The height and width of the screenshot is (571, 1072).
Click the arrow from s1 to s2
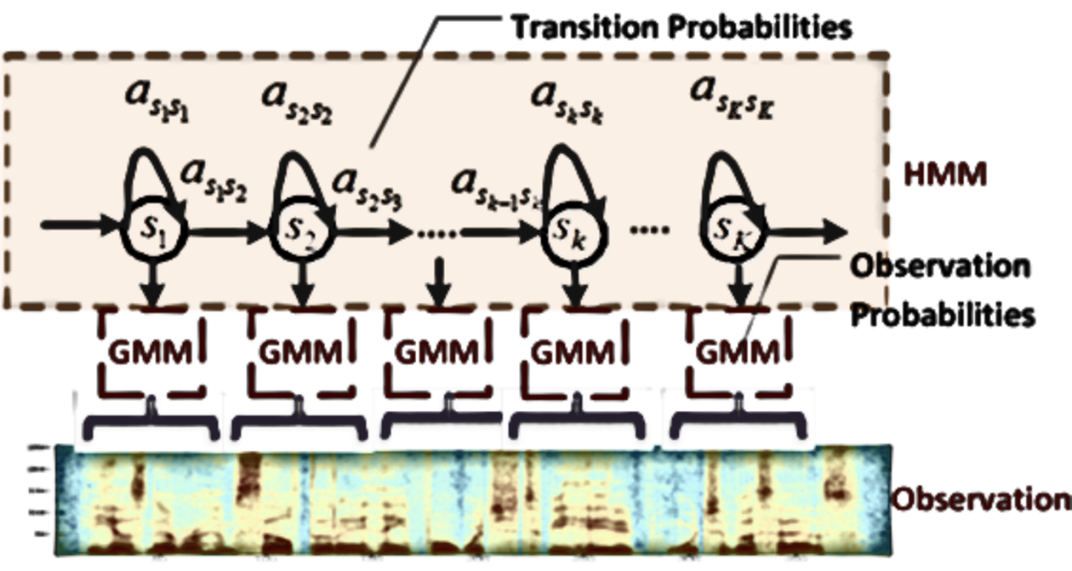[225, 233]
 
